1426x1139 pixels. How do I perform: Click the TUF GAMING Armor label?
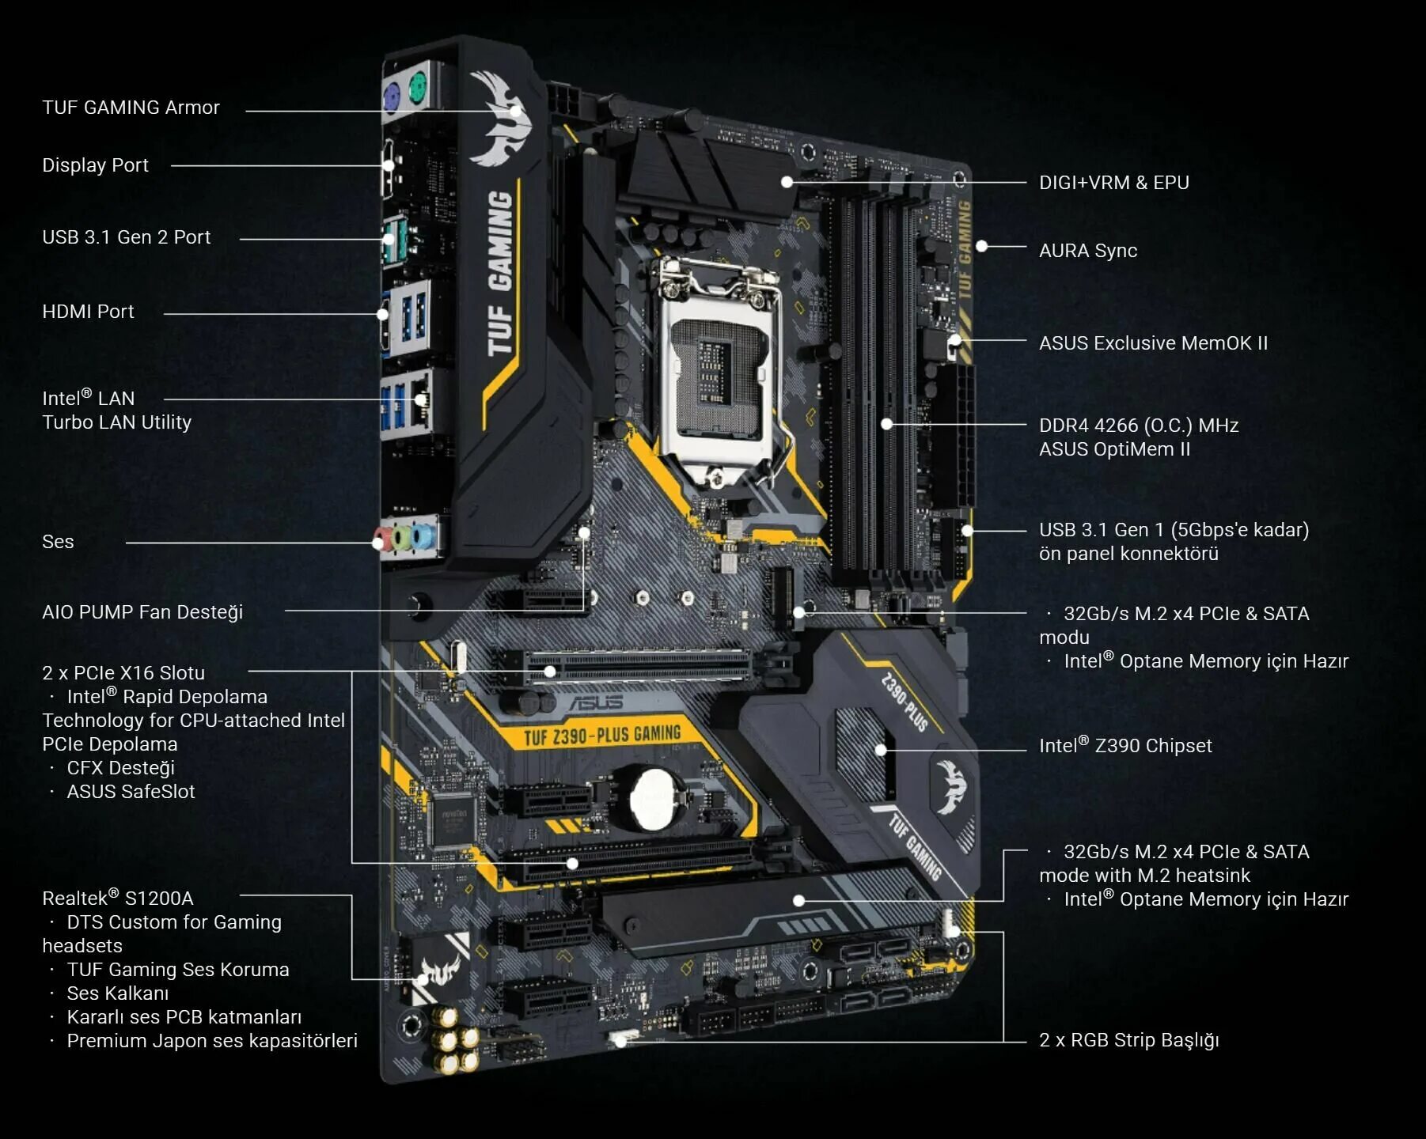click(x=131, y=108)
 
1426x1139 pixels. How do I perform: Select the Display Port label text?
click(x=95, y=165)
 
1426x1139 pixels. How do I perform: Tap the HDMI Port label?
click(x=88, y=312)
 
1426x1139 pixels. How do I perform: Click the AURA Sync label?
click(x=1087, y=251)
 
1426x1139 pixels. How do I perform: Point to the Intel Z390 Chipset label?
click(x=1124, y=746)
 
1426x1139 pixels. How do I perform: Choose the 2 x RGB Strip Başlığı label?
click(x=1128, y=1040)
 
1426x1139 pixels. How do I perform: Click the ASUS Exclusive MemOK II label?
click(x=1152, y=343)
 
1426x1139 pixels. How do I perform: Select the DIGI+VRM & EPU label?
click(x=1113, y=183)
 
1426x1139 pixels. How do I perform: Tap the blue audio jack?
click(x=423, y=537)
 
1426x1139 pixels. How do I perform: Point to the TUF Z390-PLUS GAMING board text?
click(x=601, y=736)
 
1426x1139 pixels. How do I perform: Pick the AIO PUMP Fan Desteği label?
click(x=142, y=612)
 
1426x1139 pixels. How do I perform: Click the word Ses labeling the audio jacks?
click(x=58, y=542)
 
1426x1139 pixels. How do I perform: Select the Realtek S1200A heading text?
click(x=117, y=899)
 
